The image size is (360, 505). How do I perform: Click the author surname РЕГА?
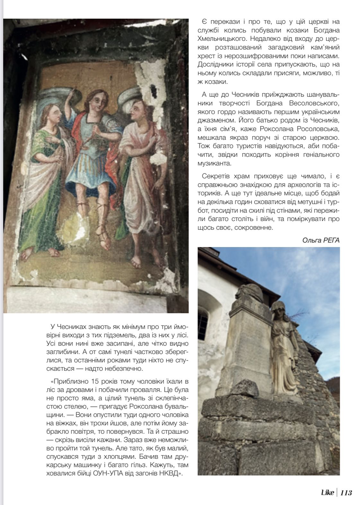(x=331, y=240)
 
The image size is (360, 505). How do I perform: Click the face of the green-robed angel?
(x=54, y=115)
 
